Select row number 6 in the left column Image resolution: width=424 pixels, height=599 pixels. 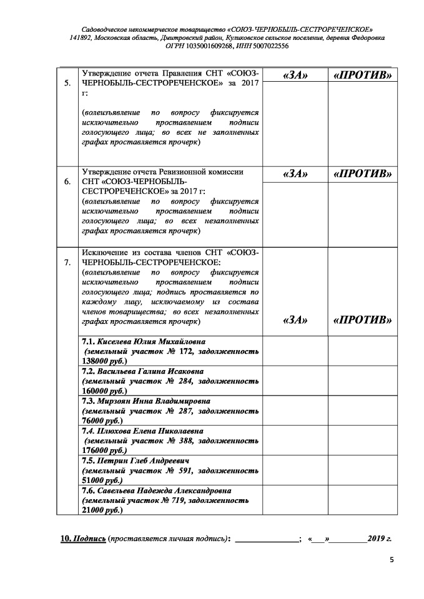point(67,182)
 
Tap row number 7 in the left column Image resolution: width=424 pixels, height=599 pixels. point(67,263)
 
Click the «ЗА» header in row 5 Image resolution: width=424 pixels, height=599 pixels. point(295,74)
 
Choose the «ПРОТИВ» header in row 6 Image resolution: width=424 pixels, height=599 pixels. point(363,173)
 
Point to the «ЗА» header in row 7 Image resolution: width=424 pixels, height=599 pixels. point(295,320)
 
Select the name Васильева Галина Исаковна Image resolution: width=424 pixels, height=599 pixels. point(145,371)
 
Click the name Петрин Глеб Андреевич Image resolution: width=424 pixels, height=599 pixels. point(130,461)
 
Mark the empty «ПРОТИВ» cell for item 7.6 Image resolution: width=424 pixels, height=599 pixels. point(363,500)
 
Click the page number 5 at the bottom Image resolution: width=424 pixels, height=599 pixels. point(392,560)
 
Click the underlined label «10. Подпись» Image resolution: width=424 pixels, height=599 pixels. point(82,538)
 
